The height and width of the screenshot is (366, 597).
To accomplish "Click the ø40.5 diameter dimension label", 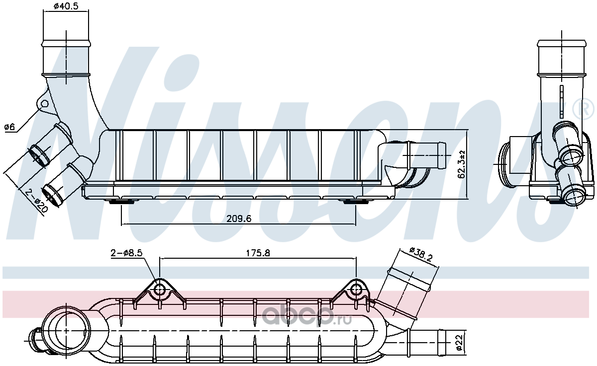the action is click(x=66, y=6).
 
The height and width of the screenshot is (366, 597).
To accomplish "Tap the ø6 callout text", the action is click(x=9, y=127).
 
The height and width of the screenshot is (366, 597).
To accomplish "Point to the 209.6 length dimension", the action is click(x=239, y=219).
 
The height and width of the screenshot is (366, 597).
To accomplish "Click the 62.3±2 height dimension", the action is click(x=461, y=164).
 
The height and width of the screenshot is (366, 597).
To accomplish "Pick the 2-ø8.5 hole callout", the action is click(x=126, y=253).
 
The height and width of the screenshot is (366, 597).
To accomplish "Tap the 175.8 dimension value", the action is click(x=258, y=253).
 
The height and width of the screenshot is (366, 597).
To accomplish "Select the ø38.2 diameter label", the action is click(x=421, y=254).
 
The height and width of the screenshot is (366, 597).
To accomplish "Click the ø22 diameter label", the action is click(x=459, y=343).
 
